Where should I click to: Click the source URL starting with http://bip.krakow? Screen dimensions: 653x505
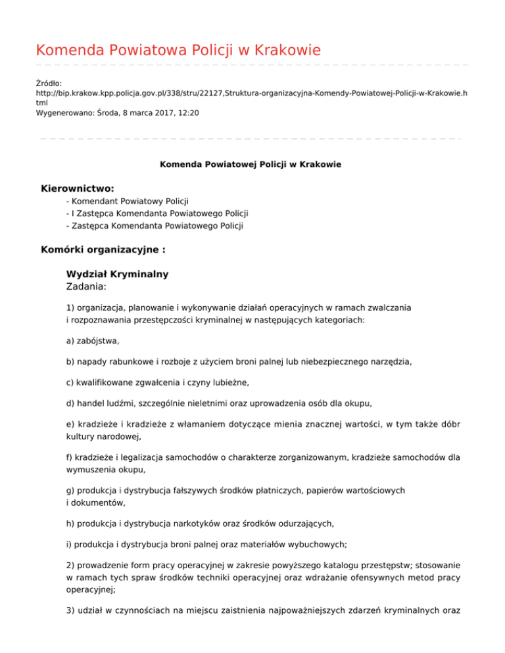(x=251, y=94)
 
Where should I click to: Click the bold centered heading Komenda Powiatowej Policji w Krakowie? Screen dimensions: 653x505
(x=251, y=164)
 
